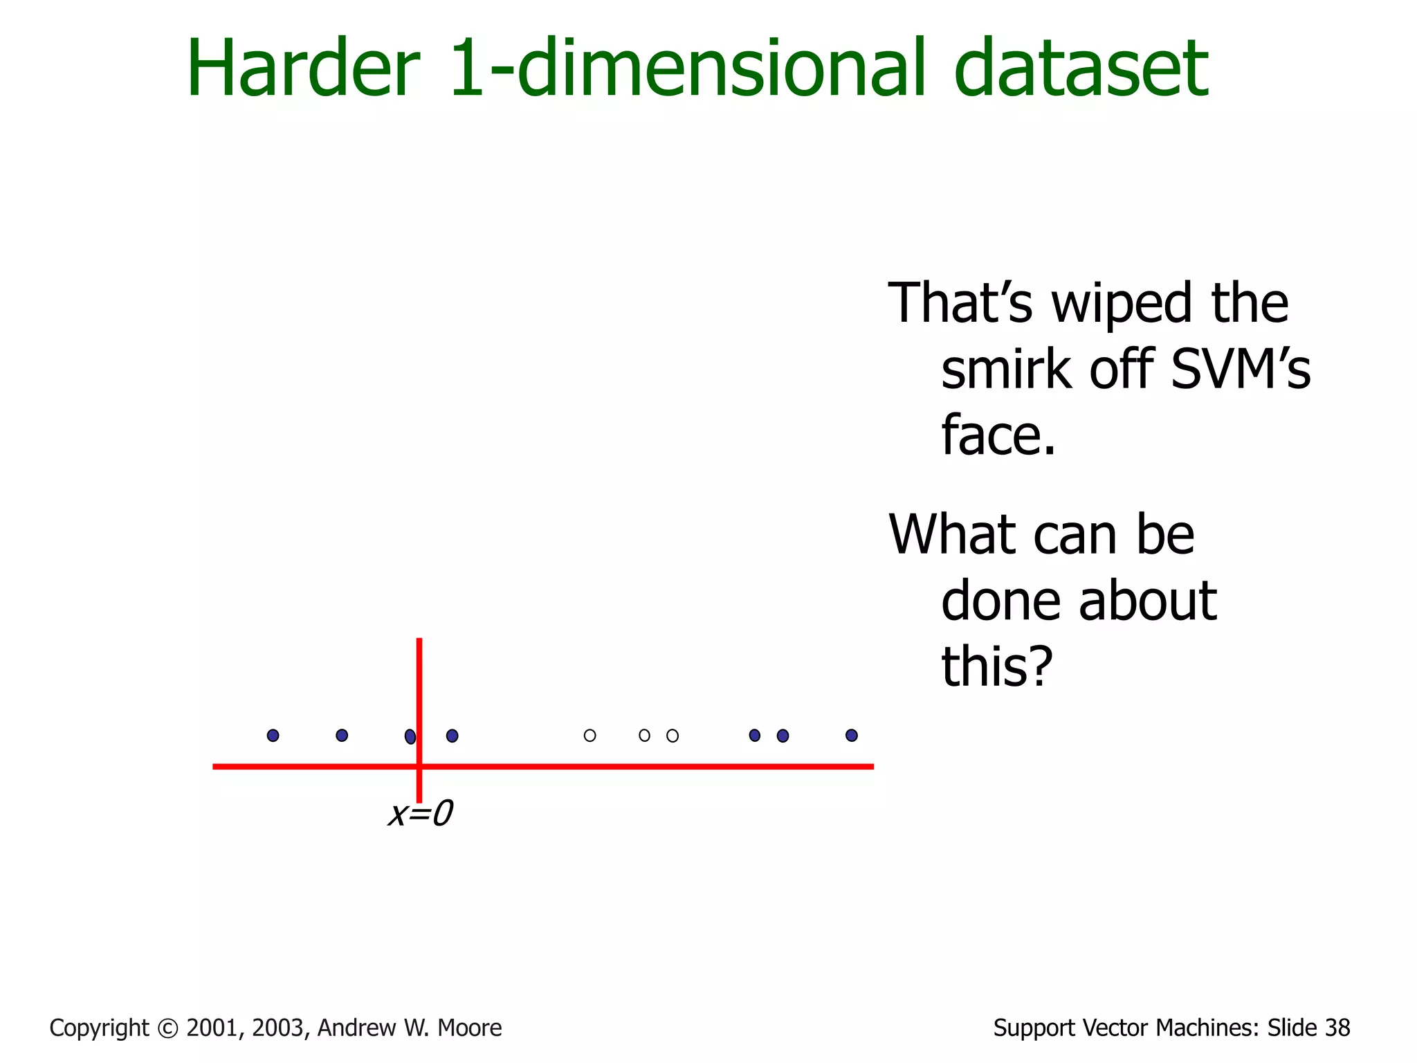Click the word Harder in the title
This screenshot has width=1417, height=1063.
(303, 69)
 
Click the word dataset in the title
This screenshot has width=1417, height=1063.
(1081, 69)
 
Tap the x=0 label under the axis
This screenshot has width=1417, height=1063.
(420, 814)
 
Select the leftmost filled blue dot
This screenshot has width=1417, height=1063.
(273, 735)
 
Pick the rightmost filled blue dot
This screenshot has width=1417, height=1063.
(851, 735)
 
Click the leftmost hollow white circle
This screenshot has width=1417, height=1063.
(589, 735)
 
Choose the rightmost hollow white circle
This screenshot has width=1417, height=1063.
(673, 736)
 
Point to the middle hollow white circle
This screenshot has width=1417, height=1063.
(644, 735)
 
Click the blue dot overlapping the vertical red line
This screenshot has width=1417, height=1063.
(410, 736)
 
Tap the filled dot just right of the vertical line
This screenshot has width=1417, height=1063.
(452, 736)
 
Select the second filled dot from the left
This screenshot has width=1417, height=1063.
(342, 735)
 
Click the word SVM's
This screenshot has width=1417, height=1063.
(1241, 370)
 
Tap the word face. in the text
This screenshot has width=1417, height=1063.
(998, 436)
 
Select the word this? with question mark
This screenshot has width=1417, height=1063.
(997, 666)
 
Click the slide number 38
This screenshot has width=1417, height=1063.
(1337, 1028)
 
